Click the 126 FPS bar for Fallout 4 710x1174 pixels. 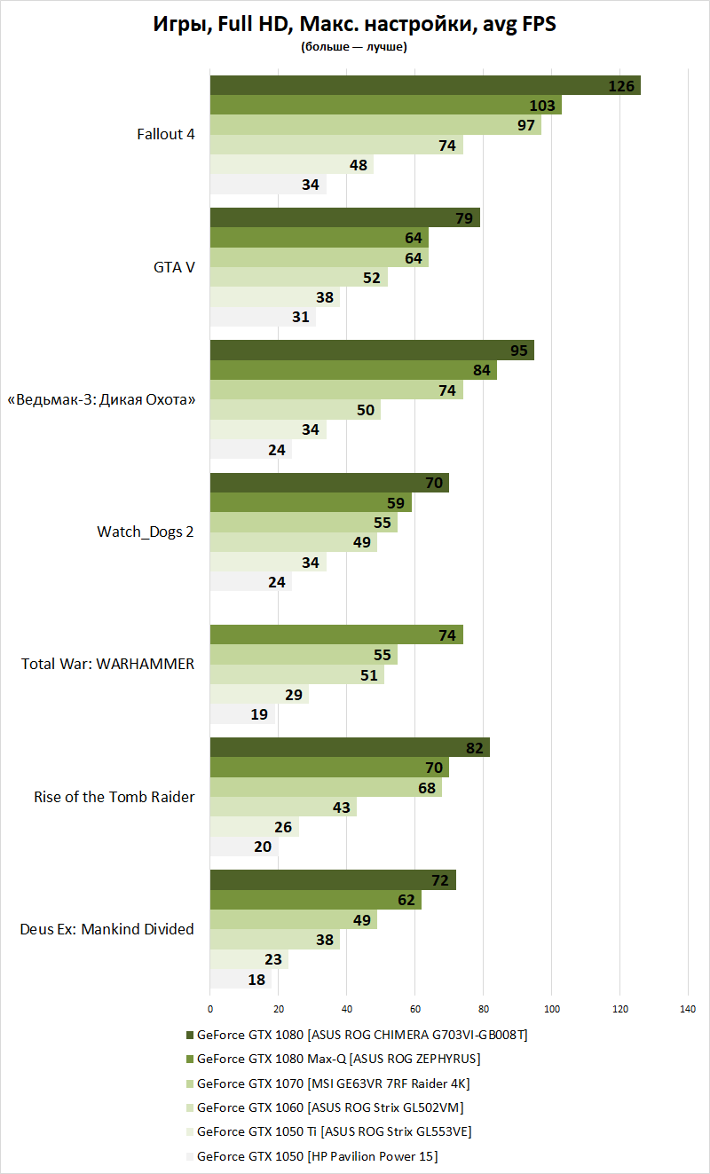tap(424, 86)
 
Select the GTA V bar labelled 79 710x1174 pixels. tap(344, 218)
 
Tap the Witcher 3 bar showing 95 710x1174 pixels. tap(371, 351)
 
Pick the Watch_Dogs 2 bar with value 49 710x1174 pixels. tap(293, 542)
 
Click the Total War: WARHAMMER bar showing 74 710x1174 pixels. tap(335, 635)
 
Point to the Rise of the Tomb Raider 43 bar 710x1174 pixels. tap(282, 808)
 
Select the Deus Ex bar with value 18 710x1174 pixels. tap(240, 980)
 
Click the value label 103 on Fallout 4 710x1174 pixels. tap(542, 106)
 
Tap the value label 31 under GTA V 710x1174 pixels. tap(301, 317)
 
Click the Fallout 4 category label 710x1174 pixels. tap(165, 135)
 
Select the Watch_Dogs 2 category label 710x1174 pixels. tap(145, 532)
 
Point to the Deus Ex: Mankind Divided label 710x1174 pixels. tap(106, 930)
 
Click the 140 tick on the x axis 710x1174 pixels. tap(688, 1009)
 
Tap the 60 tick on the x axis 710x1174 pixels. tap(414, 1009)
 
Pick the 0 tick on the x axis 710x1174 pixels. tap(210, 1009)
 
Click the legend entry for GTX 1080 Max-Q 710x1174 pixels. tap(338, 1059)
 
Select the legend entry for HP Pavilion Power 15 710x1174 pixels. tap(317, 1156)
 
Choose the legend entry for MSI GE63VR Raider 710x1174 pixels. tap(333, 1083)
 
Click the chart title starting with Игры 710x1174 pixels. tap(355, 26)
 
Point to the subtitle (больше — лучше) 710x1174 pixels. tap(354, 48)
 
